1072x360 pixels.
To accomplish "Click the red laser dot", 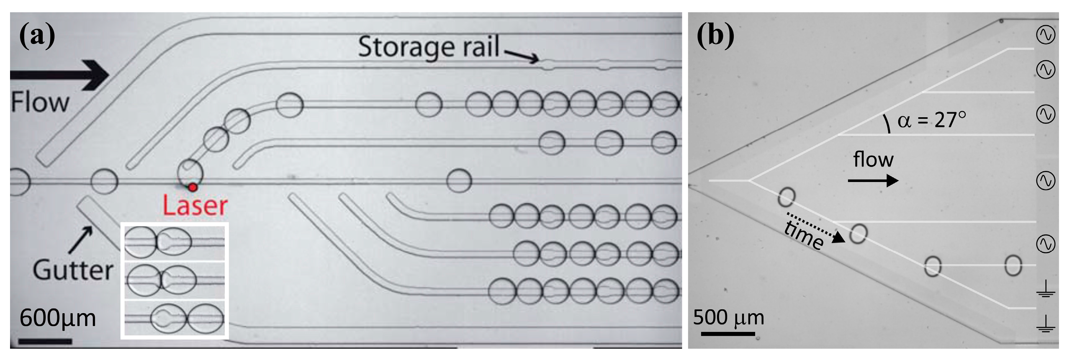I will pyautogui.click(x=192, y=187).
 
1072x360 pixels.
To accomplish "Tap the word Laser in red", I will pyautogui.click(x=195, y=206).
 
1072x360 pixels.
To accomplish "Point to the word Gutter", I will pyautogui.click(x=73, y=270).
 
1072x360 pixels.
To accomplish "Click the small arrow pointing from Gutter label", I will pyautogui.click(x=81, y=239).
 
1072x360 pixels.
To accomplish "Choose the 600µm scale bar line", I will pyautogui.click(x=45, y=341).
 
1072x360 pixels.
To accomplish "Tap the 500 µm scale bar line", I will pyautogui.click(x=728, y=334).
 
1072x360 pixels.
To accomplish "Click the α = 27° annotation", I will pyautogui.click(x=931, y=120).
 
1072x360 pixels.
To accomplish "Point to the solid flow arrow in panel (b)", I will pyautogui.click(x=873, y=180).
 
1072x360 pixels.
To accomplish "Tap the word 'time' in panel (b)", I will pyautogui.click(x=804, y=235).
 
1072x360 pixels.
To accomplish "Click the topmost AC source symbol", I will pyautogui.click(x=1045, y=35).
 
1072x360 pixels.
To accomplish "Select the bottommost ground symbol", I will pyautogui.click(x=1045, y=324).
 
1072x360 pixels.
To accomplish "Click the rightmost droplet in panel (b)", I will pyautogui.click(x=1013, y=265).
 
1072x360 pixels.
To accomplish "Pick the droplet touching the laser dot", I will pyautogui.click(x=190, y=172).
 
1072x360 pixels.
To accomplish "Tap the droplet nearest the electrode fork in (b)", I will pyautogui.click(x=787, y=197).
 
